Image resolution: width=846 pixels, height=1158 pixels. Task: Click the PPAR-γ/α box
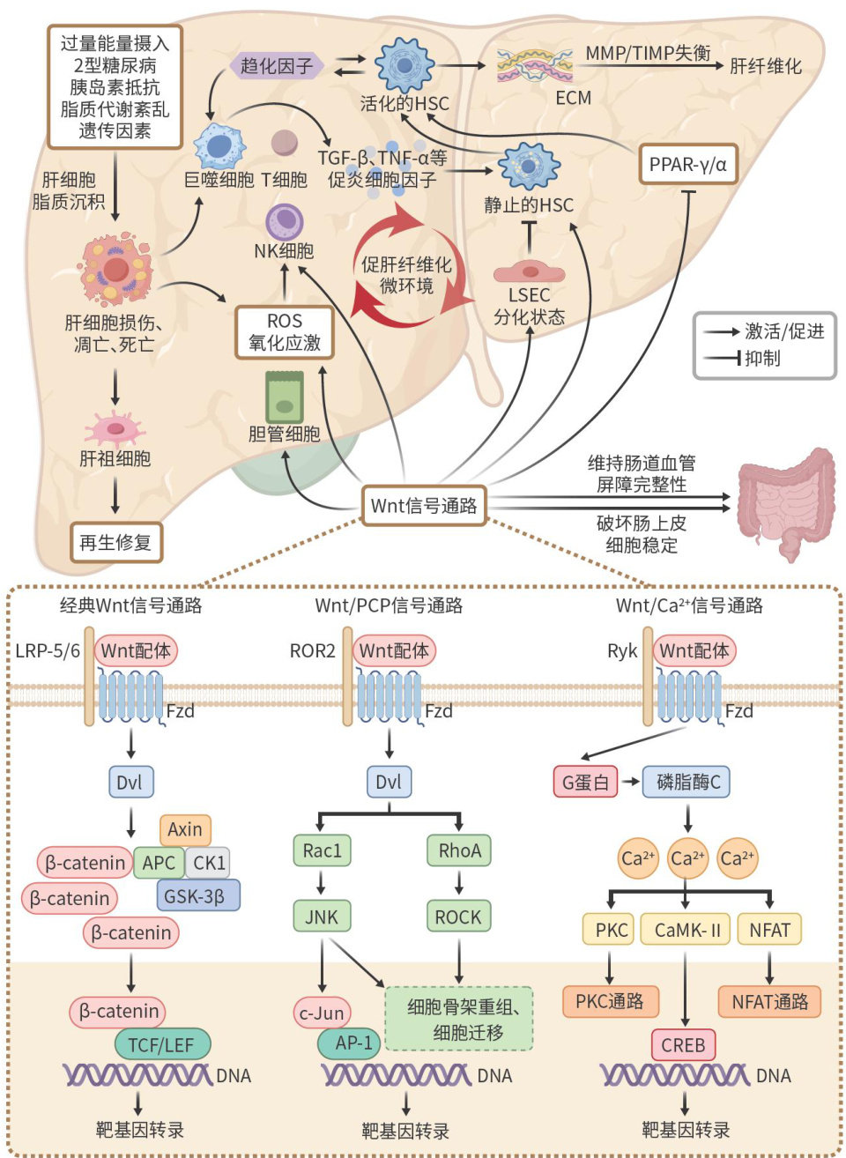(687, 164)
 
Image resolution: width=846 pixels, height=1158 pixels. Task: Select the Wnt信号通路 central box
(424, 506)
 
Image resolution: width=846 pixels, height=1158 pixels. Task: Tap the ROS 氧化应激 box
(285, 332)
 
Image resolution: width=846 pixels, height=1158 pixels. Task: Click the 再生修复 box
(115, 543)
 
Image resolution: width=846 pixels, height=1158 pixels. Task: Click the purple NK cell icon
(284, 222)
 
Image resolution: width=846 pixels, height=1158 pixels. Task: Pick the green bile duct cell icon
(285, 397)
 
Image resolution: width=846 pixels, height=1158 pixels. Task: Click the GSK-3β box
(198, 896)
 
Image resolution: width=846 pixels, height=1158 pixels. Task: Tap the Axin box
(185, 829)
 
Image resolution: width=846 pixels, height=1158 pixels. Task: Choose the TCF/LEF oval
(162, 1045)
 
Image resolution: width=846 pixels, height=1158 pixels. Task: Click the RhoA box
(459, 850)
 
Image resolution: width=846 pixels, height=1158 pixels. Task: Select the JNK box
(321, 917)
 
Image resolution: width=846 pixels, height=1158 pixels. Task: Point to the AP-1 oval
(350, 1043)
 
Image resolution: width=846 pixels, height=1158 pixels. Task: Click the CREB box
(683, 1045)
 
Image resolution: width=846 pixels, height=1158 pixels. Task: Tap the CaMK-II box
(686, 930)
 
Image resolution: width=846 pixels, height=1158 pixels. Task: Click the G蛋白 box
(585, 782)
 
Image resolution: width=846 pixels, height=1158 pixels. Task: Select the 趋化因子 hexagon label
(277, 65)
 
